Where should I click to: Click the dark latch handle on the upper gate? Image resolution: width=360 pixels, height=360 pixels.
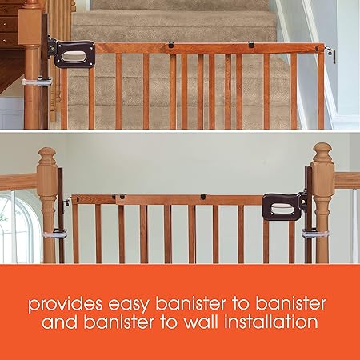point(74,53)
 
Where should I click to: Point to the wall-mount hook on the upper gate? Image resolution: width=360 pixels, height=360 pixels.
point(329,53)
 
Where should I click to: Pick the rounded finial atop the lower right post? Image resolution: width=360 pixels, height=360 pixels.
point(322,152)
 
